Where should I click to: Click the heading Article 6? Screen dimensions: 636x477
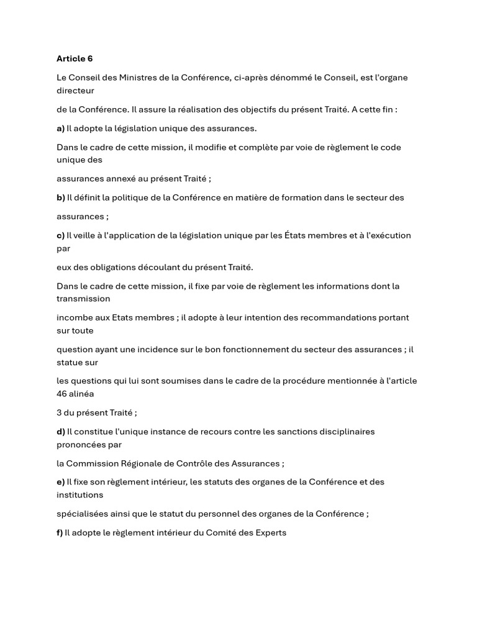(x=75, y=58)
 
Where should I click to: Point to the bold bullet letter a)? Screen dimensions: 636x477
(x=60, y=128)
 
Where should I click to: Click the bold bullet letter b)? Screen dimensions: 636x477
(x=60, y=198)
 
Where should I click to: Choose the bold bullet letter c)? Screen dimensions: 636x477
(x=60, y=235)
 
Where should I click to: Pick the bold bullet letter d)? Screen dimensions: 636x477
(x=60, y=431)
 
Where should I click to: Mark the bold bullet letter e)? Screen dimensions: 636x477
(x=60, y=482)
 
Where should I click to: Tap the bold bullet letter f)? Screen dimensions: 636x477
(x=60, y=532)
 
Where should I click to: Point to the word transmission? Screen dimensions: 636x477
(x=83, y=299)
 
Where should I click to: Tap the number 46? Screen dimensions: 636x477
(x=62, y=394)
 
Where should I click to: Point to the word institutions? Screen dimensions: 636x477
(x=79, y=495)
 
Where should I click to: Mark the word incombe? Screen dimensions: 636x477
(x=75, y=317)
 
